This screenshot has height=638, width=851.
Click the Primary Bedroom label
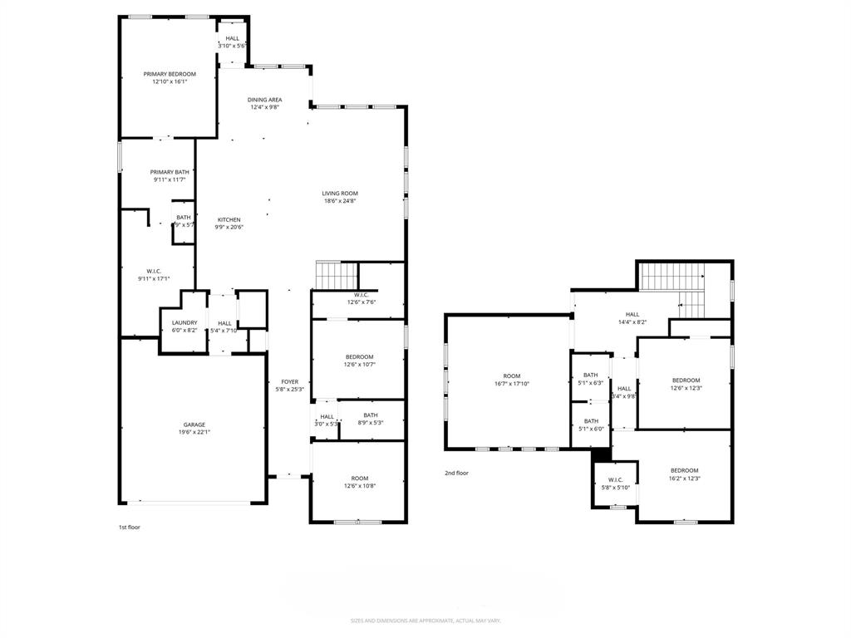point(170,74)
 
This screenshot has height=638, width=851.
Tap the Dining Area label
point(264,100)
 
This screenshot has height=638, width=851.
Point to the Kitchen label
point(229,220)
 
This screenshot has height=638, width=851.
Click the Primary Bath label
point(170,172)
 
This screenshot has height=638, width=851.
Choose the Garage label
point(194,425)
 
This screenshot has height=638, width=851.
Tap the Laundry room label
point(184,322)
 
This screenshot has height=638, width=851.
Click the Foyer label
point(288,382)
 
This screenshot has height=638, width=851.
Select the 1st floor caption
point(129,526)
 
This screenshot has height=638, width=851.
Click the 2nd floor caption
point(456,473)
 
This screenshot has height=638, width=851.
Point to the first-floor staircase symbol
point(337,273)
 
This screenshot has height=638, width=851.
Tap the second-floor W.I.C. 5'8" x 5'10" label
point(616,479)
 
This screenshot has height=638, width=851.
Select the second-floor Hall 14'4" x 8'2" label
point(632,314)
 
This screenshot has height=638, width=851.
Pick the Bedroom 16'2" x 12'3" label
point(685,470)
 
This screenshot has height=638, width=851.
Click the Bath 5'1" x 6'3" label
point(591,375)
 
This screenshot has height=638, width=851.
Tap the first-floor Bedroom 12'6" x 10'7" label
point(359,356)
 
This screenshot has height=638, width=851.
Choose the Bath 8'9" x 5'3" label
point(370,415)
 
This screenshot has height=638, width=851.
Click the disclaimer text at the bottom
point(425,621)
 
